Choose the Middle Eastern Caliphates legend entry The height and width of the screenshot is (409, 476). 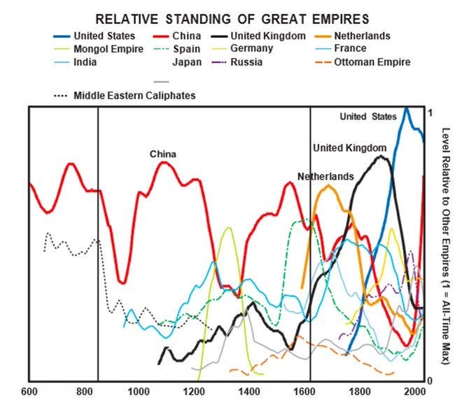[133, 95]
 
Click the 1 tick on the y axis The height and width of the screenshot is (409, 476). [430, 113]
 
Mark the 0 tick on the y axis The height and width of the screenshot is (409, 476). [430, 380]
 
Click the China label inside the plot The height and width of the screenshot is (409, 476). [162, 154]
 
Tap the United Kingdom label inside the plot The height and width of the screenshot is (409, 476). [349, 147]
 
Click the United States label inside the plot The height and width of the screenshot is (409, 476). [367, 116]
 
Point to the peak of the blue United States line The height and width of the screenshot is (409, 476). [406, 108]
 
